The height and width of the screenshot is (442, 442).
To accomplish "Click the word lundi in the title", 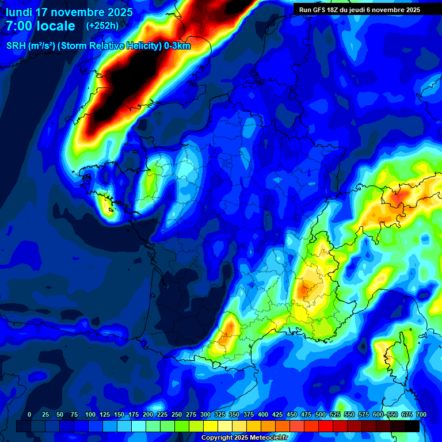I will (18, 12).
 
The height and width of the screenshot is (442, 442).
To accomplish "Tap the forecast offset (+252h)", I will (102, 25).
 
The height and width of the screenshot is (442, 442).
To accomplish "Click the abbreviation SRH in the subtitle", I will (16, 46).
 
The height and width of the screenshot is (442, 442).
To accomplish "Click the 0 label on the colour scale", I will (29, 414).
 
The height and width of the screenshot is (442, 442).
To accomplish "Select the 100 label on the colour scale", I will (90, 414).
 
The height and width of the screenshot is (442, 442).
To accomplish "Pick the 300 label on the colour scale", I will (205, 414).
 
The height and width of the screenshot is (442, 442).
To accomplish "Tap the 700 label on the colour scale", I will (421, 414).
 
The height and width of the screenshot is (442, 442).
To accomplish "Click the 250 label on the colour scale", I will (177, 414).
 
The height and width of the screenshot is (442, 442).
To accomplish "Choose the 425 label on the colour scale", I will (277, 414).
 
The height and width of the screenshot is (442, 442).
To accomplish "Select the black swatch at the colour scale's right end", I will (412, 426).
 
